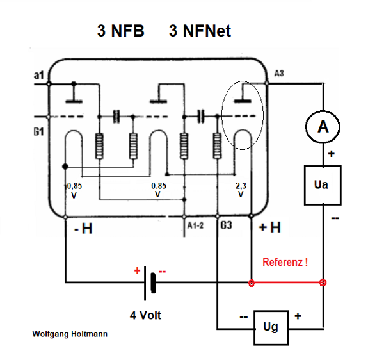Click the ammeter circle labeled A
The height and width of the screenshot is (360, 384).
click(323, 128)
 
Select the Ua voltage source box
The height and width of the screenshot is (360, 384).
click(323, 185)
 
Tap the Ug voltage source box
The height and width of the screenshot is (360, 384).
click(271, 327)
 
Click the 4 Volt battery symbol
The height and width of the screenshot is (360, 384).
click(152, 282)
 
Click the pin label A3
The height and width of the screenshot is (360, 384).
click(278, 74)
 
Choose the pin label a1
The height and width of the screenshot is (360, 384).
click(38, 77)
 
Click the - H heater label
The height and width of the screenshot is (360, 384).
click(83, 228)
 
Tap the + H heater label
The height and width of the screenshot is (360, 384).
click(269, 228)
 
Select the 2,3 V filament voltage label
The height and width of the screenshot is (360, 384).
click(241, 190)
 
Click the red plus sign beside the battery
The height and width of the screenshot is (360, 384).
click(137, 271)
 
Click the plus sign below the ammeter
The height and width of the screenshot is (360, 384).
click(332, 154)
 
